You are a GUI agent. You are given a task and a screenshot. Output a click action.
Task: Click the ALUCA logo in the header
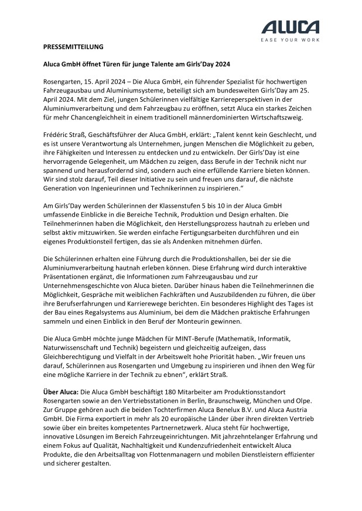[290, 27]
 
